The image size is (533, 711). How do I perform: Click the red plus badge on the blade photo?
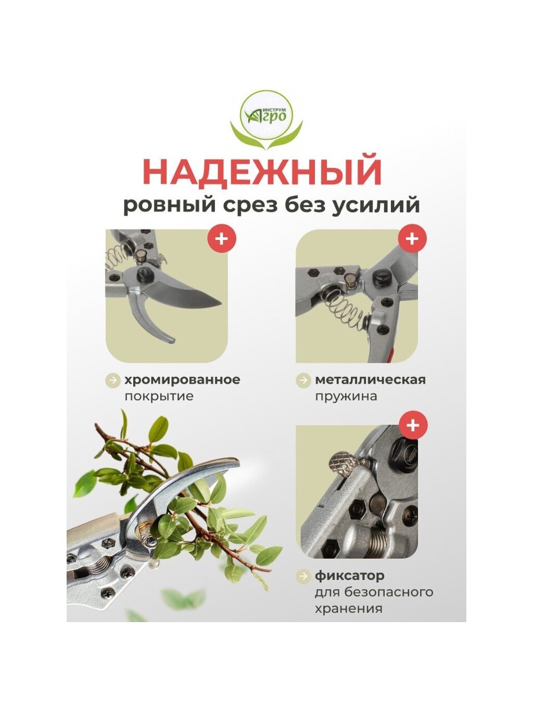222,239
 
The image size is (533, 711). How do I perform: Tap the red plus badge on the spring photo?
413,239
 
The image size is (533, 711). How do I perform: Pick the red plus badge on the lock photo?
413,425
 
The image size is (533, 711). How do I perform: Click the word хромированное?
183,380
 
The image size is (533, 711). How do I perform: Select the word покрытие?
159,397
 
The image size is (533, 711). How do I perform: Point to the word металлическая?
370,379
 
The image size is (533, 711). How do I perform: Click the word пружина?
346,397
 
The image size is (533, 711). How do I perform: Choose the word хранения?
349,608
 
